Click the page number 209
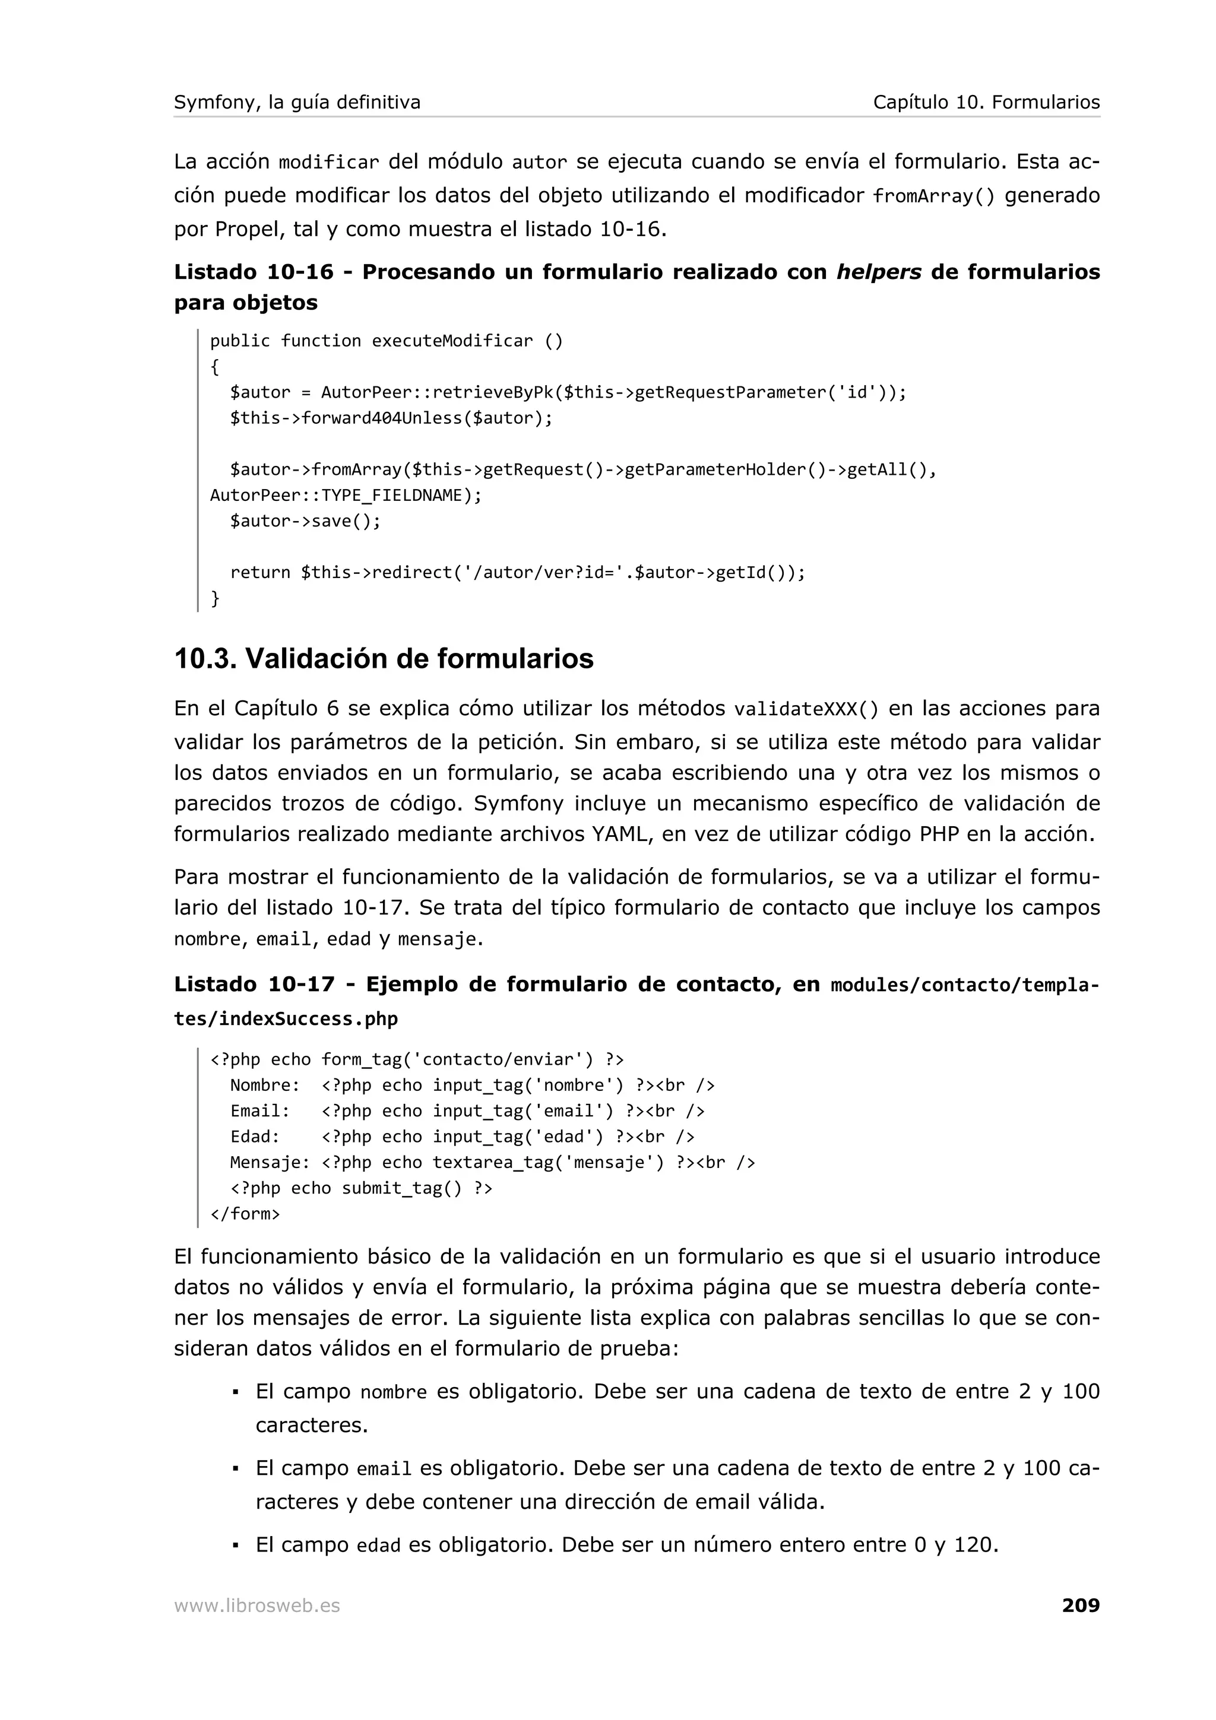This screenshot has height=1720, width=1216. pyautogui.click(x=1081, y=1605)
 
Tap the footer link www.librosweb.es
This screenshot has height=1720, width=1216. pyautogui.click(x=257, y=1606)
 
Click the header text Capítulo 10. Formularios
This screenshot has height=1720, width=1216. pyautogui.click(x=986, y=102)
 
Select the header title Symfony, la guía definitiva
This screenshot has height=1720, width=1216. pyautogui.click(x=297, y=102)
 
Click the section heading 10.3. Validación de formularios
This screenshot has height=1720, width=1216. pyautogui.click(x=384, y=658)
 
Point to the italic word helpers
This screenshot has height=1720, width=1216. pyautogui.click(x=878, y=272)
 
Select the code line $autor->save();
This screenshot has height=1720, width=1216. pyautogui.click(x=305, y=521)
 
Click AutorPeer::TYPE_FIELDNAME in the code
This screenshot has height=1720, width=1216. pyautogui.click(x=346, y=495)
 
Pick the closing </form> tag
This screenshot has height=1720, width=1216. pyautogui.click(x=245, y=1214)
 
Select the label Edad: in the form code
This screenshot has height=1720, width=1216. pyautogui.click(x=255, y=1137)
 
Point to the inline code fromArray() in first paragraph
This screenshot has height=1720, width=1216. pyautogui.click(x=933, y=196)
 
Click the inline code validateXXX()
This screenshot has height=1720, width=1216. pyautogui.click(x=806, y=709)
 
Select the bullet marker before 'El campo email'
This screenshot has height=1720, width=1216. pyautogui.click(x=235, y=1468)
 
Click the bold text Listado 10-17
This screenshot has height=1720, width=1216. pyautogui.click(x=254, y=985)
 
